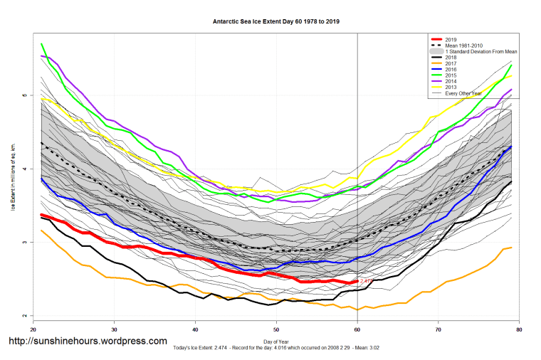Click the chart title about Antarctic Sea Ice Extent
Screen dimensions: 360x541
click(276, 21)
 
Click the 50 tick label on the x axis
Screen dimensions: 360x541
click(276, 329)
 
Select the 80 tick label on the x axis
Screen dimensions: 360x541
click(519, 329)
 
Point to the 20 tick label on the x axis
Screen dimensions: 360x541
click(33, 329)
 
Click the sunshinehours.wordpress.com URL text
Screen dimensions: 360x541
click(88, 342)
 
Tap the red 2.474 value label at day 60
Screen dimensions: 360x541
click(366, 282)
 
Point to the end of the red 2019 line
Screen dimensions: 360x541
click(357, 282)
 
